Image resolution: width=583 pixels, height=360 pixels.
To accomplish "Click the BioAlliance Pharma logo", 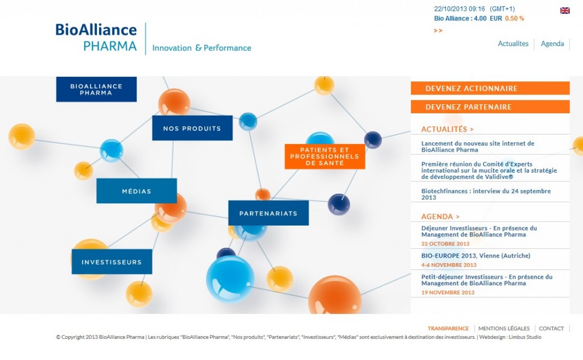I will (x=97, y=38).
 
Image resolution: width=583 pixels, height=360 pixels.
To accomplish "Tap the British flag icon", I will (x=565, y=10).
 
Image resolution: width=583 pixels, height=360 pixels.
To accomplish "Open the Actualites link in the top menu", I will (x=513, y=44).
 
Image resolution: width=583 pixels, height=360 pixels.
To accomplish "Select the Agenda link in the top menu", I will (x=552, y=44).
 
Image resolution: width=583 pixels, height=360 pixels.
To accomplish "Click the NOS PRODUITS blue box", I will (x=192, y=128).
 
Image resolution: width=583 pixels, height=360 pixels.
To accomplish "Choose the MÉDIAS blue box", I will (x=136, y=191).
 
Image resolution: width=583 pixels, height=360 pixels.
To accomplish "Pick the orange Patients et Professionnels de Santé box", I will (x=325, y=157).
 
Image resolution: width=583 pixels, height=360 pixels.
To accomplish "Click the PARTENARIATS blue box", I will (x=268, y=213).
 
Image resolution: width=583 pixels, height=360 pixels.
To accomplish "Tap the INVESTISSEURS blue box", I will (x=112, y=262).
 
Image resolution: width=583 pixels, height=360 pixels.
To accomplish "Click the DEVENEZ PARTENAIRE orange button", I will (x=490, y=107).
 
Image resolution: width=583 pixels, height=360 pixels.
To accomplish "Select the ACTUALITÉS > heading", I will (x=447, y=129).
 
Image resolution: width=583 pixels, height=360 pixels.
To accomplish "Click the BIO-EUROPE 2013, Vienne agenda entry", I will (x=475, y=256).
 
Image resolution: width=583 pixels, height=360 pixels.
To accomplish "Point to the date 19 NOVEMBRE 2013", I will (x=447, y=293).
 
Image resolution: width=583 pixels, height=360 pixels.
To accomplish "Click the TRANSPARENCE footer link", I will (x=448, y=329).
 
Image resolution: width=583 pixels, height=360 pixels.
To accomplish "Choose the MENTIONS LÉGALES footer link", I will (x=504, y=329).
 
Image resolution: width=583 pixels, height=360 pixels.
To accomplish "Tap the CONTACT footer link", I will (x=551, y=329).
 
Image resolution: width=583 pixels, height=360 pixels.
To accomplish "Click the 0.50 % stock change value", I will (x=514, y=18).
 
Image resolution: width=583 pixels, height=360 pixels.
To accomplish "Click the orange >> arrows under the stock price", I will (x=438, y=31).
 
